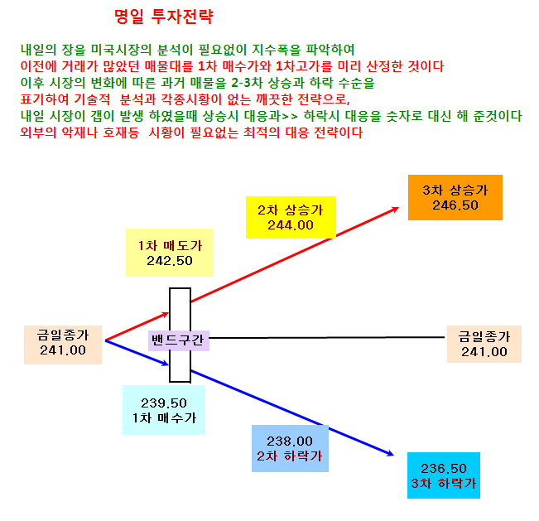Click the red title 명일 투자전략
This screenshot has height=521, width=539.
click(x=164, y=17)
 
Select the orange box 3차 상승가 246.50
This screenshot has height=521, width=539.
click(x=455, y=197)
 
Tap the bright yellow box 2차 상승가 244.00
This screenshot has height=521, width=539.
click(x=291, y=217)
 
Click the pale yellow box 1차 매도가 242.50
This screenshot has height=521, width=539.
click(x=170, y=253)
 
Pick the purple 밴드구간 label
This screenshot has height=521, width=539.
click(x=178, y=340)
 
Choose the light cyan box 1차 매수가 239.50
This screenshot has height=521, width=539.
click(x=164, y=410)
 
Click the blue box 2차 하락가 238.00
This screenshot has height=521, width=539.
click(x=290, y=448)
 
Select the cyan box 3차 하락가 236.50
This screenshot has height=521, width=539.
click(x=444, y=475)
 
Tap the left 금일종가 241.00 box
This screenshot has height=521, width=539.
click(x=63, y=345)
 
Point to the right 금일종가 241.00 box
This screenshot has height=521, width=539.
click(x=484, y=344)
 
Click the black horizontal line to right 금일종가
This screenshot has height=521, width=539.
click(x=326, y=338)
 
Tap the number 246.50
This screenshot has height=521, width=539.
click(x=455, y=205)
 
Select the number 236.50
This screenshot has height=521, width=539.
click(x=444, y=468)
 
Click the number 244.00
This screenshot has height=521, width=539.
click(x=291, y=225)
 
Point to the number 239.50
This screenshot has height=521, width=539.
click(x=164, y=403)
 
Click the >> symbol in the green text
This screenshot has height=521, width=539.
click(x=290, y=116)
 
